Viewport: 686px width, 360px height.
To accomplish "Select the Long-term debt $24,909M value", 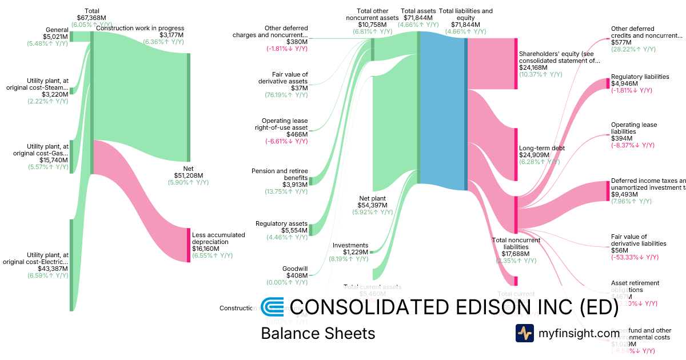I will tap(534, 155).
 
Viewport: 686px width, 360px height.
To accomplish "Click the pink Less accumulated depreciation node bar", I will tap(188, 245).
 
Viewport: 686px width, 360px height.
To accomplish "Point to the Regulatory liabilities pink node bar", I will tap(608, 83).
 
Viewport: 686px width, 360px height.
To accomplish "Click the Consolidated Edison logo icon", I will tap(272, 307).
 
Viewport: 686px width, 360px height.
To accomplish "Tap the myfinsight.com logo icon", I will tap(524, 333).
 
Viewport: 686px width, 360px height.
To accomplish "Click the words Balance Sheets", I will tap(317, 333).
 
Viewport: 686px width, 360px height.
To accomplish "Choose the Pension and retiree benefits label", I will tap(280, 174).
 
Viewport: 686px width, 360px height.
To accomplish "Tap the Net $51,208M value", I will tap(189, 175).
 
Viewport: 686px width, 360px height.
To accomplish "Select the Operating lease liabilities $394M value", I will tap(621, 138).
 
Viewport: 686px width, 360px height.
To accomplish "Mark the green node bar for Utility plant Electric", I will tap(71, 265).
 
